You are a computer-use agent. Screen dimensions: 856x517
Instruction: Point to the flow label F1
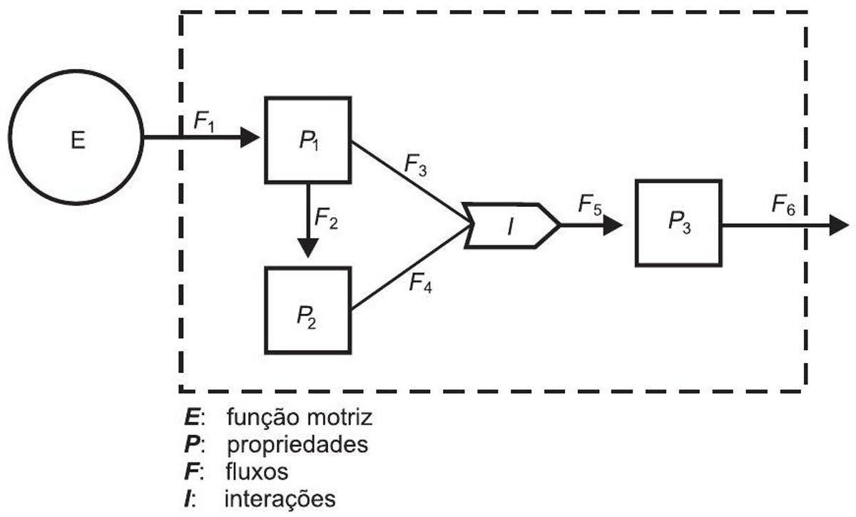click(204, 121)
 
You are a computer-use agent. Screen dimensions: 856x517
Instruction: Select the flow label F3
click(415, 166)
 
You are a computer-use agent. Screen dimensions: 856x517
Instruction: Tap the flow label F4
click(420, 283)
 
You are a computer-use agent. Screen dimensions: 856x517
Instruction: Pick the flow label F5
click(590, 205)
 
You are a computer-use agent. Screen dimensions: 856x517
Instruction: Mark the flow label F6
click(783, 205)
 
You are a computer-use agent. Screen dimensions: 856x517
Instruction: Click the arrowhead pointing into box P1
click(250, 137)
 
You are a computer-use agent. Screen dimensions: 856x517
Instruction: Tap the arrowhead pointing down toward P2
click(308, 248)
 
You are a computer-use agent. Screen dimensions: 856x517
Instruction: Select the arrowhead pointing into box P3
click(613, 225)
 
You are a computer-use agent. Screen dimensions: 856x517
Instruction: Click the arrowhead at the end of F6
click(839, 225)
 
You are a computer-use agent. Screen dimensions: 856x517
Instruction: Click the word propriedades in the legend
click(297, 445)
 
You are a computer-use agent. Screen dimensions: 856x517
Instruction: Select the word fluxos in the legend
click(257, 471)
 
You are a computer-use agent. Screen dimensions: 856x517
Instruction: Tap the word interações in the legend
click(280, 499)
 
